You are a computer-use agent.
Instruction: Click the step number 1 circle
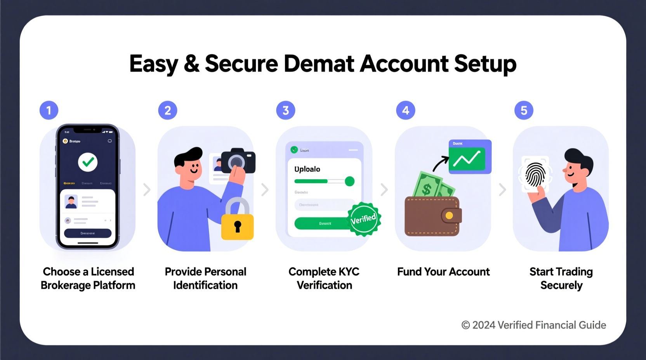tap(49, 111)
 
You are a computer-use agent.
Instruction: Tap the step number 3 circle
tap(286, 111)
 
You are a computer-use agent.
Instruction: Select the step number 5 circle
tap(524, 111)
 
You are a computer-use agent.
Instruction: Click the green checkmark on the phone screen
tap(88, 162)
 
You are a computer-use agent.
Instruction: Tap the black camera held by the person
tap(238, 161)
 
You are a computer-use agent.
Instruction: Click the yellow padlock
tap(237, 223)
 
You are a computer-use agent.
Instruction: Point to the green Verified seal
tap(364, 219)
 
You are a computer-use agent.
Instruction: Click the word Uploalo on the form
tap(307, 169)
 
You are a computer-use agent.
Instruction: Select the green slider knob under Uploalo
tap(349, 181)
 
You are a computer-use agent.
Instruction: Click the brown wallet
tap(431, 216)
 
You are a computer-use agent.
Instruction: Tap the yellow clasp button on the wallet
tap(449, 216)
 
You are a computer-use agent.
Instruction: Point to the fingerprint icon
tap(535, 175)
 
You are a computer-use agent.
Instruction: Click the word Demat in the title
tap(319, 64)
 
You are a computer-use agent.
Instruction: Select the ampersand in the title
tap(191, 64)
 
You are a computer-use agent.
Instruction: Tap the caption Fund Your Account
tap(443, 272)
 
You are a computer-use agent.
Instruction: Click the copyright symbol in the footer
tap(465, 325)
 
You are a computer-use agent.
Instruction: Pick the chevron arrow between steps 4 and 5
tap(502, 190)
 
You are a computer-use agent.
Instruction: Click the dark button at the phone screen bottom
tap(88, 233)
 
